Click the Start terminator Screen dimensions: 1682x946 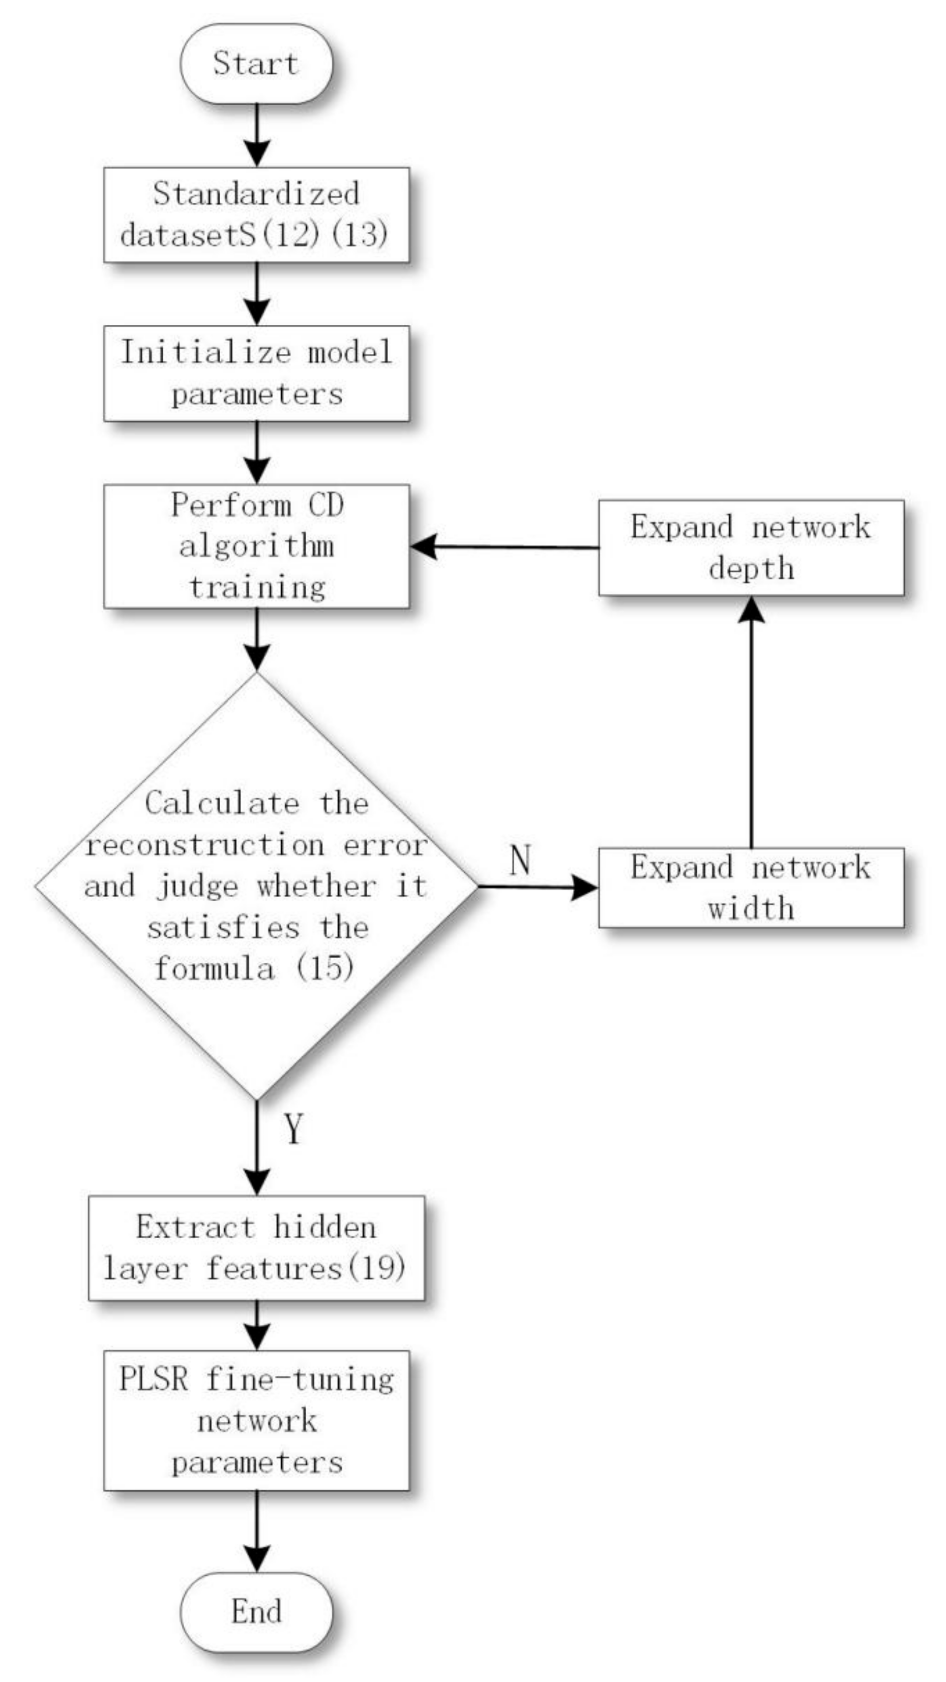[256, 64]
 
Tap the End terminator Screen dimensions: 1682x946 [256, 1611]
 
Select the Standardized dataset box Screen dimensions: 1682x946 [256, 215]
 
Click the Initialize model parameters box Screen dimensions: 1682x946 [256, 373]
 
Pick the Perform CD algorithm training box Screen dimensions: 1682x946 [256, 546]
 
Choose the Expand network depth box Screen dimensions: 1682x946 [751, 547]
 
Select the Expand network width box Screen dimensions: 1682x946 [751, 888]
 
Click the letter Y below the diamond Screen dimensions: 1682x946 [294, 1127]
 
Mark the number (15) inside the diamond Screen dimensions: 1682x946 [324, 968]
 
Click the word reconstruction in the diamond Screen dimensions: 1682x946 [204, 845]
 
